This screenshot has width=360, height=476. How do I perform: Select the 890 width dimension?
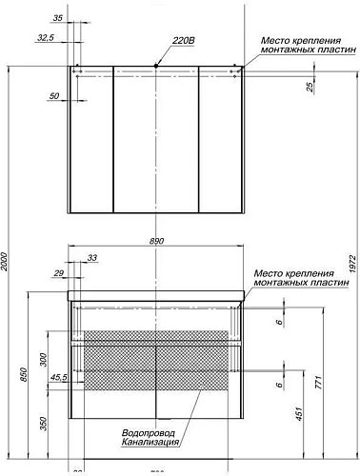[154, 241]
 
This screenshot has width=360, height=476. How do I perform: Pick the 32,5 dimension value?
[44, 38]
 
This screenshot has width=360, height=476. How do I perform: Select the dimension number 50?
[55, 95]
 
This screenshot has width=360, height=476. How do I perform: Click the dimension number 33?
[92, 258]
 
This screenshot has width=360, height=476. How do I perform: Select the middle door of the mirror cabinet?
[156, 141]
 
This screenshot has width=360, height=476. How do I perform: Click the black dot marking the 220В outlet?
[156, 65]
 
